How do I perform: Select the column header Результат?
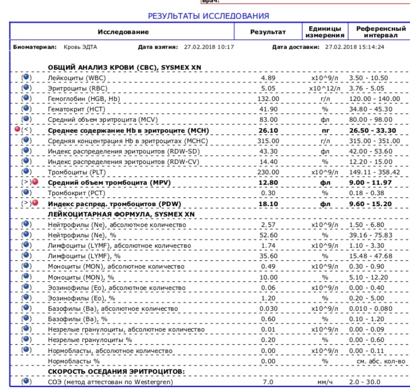(x=268, y=32)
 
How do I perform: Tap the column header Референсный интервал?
(x=380, y=32)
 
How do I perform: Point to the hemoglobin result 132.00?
(x=268, y=99)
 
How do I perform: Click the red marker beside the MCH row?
(x=16, y=130)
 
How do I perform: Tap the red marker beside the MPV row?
(x=35, y=182)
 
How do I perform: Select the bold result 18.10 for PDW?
(x=268, y=203)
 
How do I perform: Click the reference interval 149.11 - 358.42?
(x=380, y=171)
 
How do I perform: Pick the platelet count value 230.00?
(x=268, y=171)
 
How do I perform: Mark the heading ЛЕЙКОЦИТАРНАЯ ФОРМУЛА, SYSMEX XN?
(x=121, y=213)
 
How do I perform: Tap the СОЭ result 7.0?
(x=268, y=381)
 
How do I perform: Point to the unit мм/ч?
(x=325, y=381)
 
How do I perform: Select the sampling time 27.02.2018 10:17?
(x=209, y=47)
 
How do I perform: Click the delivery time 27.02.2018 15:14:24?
(x=354, y=47)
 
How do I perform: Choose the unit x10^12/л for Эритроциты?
(x=325, y=88)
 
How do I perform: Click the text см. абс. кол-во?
(x=380, y=362)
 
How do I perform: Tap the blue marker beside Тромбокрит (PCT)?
(x=26, y=192)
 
